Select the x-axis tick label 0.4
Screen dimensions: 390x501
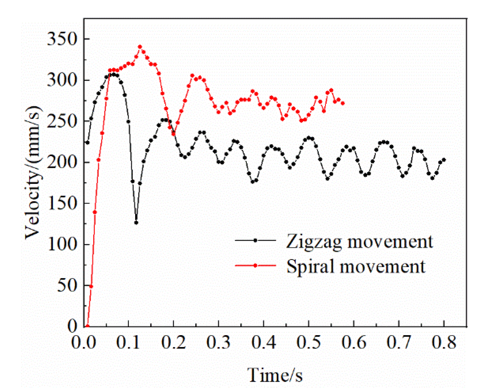point(264,342)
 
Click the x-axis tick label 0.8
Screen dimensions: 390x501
point(444,342)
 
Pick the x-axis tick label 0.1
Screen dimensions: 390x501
point(128,342)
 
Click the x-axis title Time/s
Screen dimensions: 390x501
point(275,375)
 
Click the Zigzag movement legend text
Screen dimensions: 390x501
point(359,241)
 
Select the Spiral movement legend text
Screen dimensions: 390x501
point(356,266)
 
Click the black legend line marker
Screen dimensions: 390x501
point(255,240)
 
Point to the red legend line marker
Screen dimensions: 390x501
point(255,265)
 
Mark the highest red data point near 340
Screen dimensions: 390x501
point(140,47)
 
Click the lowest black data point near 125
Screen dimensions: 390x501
point(136,223)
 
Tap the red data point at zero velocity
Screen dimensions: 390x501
point(87,326)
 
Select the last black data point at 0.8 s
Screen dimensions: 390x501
point(444,160)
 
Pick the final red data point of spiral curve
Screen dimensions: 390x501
point(343,103)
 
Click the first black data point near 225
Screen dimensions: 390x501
point(87,142)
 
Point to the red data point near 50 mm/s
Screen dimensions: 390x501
point(91,286)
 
